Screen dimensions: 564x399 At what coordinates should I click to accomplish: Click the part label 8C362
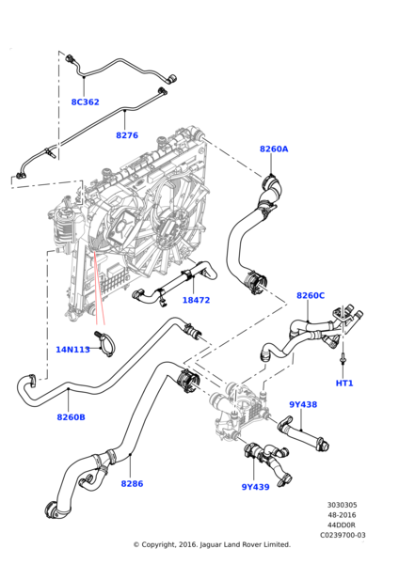click(85, 102)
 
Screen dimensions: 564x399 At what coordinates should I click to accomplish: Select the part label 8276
click(127, 135)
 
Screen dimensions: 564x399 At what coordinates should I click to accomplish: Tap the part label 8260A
click(274, 149)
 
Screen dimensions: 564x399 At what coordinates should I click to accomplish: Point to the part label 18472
click(196, 300)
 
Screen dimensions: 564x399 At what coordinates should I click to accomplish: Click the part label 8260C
click(311, 295)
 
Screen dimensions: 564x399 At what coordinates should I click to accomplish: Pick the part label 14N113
click(72, 350)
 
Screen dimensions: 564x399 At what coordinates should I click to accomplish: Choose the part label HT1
click(344, 383)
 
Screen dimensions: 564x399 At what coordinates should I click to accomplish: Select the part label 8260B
click(72, 416)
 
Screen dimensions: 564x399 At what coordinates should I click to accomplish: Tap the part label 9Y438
click(303, 404)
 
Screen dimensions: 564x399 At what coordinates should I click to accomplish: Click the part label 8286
click(132, 483)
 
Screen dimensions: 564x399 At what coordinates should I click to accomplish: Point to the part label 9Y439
click(255, 486)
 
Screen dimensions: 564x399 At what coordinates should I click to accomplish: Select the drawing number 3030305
click(342, 506)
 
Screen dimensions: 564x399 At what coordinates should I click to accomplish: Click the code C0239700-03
click(342, 534)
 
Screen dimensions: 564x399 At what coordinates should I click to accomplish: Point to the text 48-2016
click(342, 515)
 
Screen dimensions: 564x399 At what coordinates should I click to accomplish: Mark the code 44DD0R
click(342, 525)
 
